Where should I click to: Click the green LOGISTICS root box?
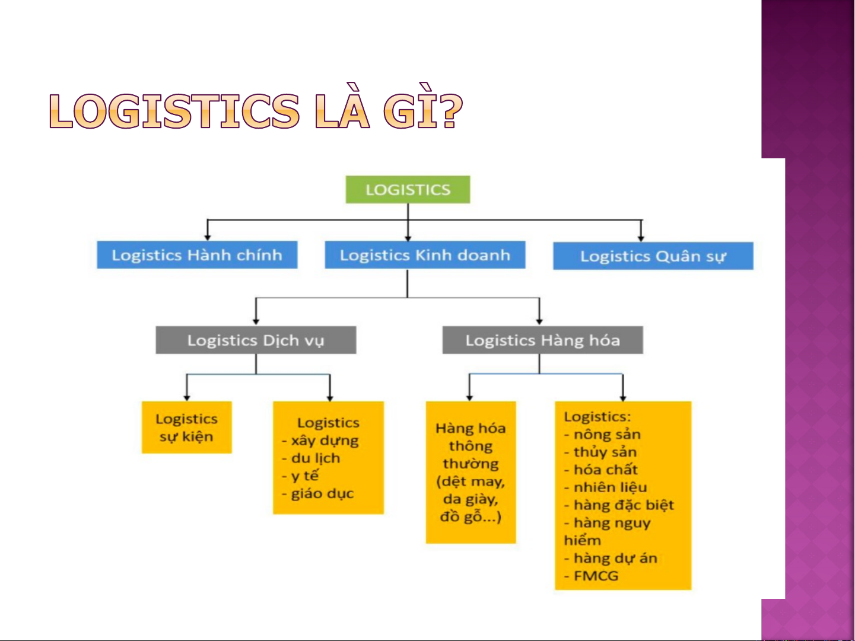(408, 190)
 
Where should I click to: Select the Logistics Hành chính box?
(197, 255)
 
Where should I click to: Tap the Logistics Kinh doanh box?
(425, 255)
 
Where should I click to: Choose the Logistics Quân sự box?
(653, 256)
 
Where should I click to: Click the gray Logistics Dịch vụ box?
(256, 340)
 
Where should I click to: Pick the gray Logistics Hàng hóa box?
(542, 340)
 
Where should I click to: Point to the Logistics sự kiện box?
(186, 428)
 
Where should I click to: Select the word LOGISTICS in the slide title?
(174, 111)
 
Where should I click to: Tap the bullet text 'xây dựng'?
(324, 441)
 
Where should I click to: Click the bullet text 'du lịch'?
(315, 458)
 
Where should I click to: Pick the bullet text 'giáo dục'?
(322, 494)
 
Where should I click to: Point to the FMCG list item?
(596, 576)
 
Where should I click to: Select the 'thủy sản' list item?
(605, 452)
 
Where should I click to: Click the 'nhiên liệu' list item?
(610, 487)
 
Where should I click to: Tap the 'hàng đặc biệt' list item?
(624, 505)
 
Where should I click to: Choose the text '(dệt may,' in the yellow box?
(471, 482)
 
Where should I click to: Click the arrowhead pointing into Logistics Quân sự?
(641, 238)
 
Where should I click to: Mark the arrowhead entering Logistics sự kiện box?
(186, 398)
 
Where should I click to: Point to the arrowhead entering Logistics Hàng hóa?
(539, 322)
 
